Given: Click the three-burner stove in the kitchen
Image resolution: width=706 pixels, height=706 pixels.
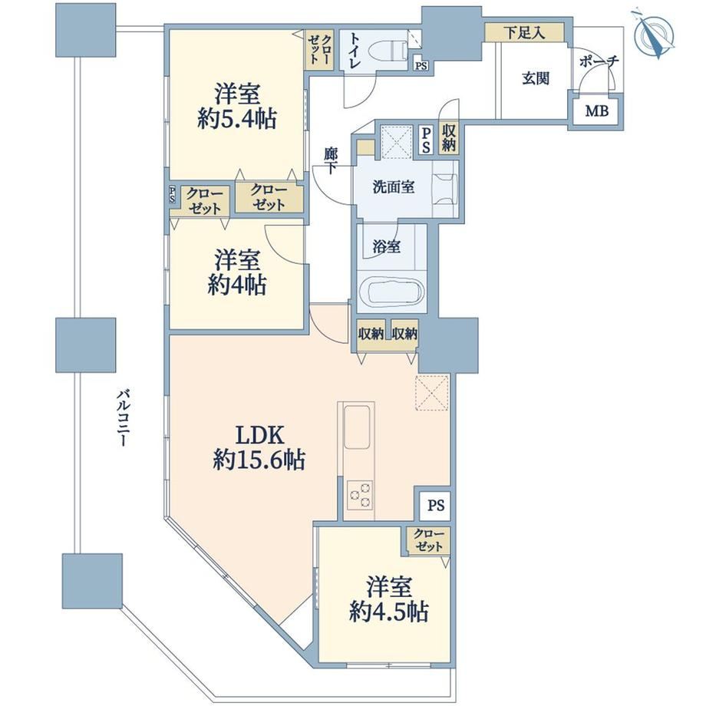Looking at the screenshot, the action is tap(359, 494).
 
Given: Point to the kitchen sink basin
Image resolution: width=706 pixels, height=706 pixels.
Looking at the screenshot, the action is tap(357, 427).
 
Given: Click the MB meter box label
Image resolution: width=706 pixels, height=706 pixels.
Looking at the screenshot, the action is tap(596, 111).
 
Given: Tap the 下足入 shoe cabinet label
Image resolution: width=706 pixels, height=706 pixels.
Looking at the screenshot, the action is tap(524, 32).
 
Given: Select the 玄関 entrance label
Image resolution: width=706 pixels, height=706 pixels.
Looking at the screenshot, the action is tap(536, 78).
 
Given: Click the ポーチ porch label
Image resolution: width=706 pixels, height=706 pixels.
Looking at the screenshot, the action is tap(599, 61).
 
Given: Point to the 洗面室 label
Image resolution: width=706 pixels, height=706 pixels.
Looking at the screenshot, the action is tap(394, 186).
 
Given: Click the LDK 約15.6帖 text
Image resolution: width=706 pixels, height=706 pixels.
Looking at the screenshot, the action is tap(259, 447).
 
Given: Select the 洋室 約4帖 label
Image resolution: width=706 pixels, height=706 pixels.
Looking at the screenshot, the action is tap(237, 272).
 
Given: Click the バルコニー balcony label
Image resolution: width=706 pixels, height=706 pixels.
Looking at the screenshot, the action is tap(123, 418).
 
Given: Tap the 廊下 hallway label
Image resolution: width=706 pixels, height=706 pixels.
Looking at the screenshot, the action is tap(331, 160).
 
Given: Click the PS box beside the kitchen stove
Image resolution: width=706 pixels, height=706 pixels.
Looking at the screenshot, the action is tap(435, 506).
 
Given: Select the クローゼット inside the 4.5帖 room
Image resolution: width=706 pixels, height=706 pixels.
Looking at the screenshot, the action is tap(429, 540).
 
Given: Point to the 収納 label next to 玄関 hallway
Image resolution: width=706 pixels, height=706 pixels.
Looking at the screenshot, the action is tap(448, 138).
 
